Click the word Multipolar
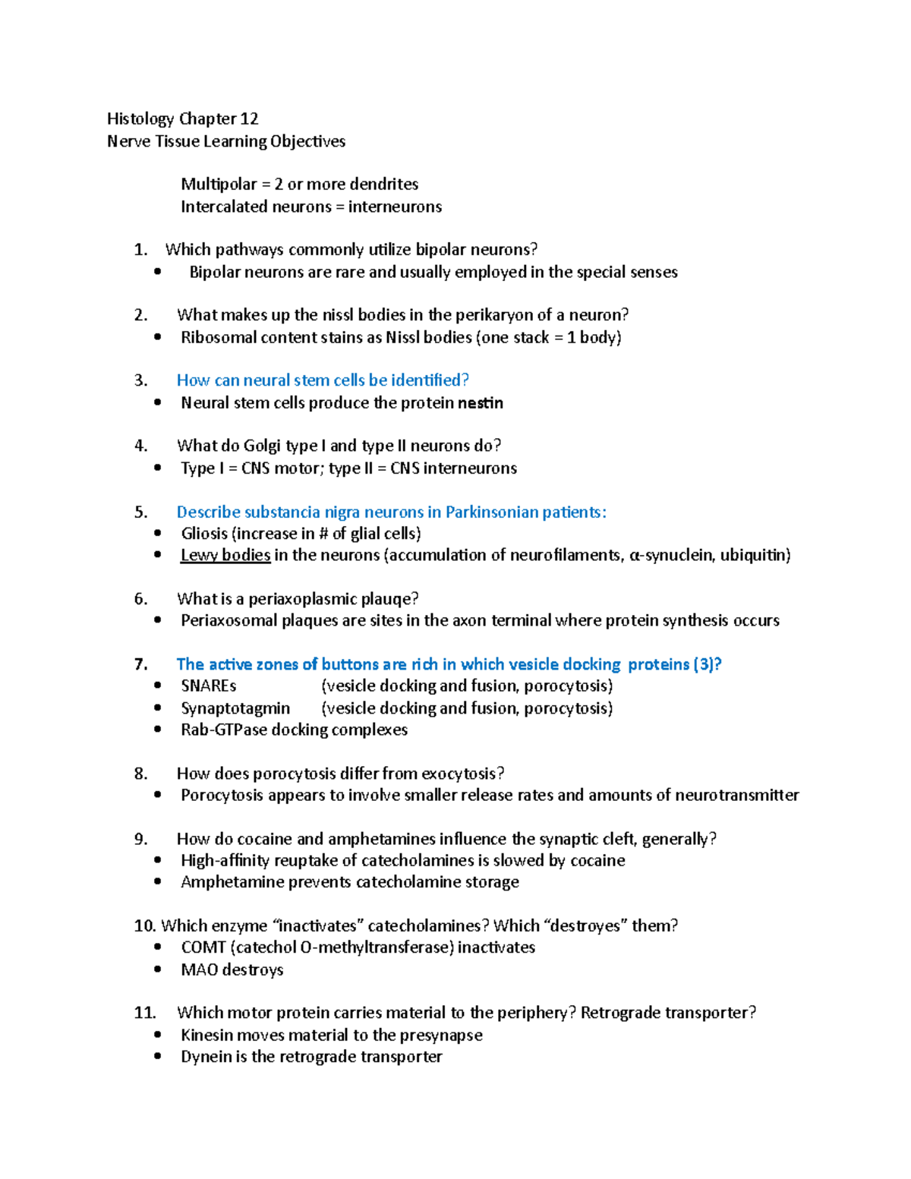tap(219, 184)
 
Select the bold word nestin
tap(481, 403)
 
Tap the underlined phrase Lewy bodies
tap(225, 555)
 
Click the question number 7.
tap(141, 664)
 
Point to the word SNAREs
tap(208, 686)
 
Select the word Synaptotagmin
tap(235, 708)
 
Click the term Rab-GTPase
tap(224, 730)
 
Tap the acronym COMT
tap(203, 947)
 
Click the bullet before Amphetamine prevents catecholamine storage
tap(157, 882)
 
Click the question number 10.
tap(144, 926)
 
